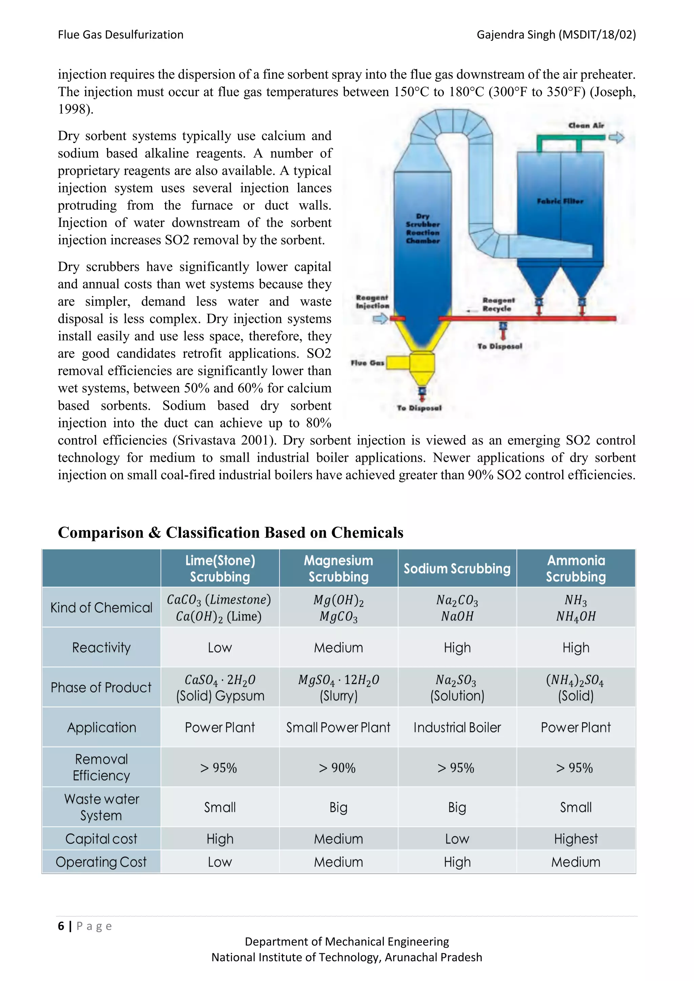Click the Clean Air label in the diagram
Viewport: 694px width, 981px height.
point(586,126)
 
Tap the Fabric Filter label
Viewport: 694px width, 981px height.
point(560,201)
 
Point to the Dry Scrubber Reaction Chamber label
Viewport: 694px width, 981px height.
point(423,229)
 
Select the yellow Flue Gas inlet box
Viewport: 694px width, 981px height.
point(397,363)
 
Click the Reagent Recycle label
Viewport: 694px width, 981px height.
point(498,305)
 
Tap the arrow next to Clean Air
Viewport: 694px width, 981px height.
point(617,138)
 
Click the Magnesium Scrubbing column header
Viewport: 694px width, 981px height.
point(339,568)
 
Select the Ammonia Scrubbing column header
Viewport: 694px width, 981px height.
point(576,568)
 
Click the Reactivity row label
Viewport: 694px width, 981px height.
point(101,647)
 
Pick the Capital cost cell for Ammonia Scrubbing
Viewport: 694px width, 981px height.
point(576,839)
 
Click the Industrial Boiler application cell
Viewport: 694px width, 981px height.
point(457,727)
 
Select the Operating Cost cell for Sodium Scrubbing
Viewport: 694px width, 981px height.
point(457,862)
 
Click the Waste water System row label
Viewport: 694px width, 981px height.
point(101,807)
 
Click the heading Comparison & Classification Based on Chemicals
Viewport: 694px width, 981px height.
point(230,533)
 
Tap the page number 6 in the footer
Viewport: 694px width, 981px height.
point(61,926)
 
